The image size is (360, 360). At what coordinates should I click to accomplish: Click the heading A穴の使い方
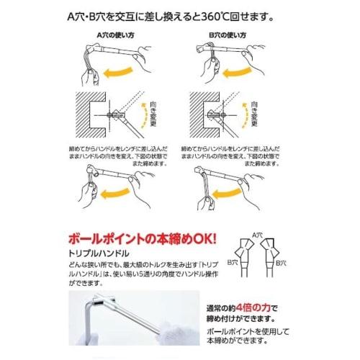pyautogui.click(x=114, y=33)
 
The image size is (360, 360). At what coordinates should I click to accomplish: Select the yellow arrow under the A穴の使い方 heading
pyautogui.click(x=123, y=71)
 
